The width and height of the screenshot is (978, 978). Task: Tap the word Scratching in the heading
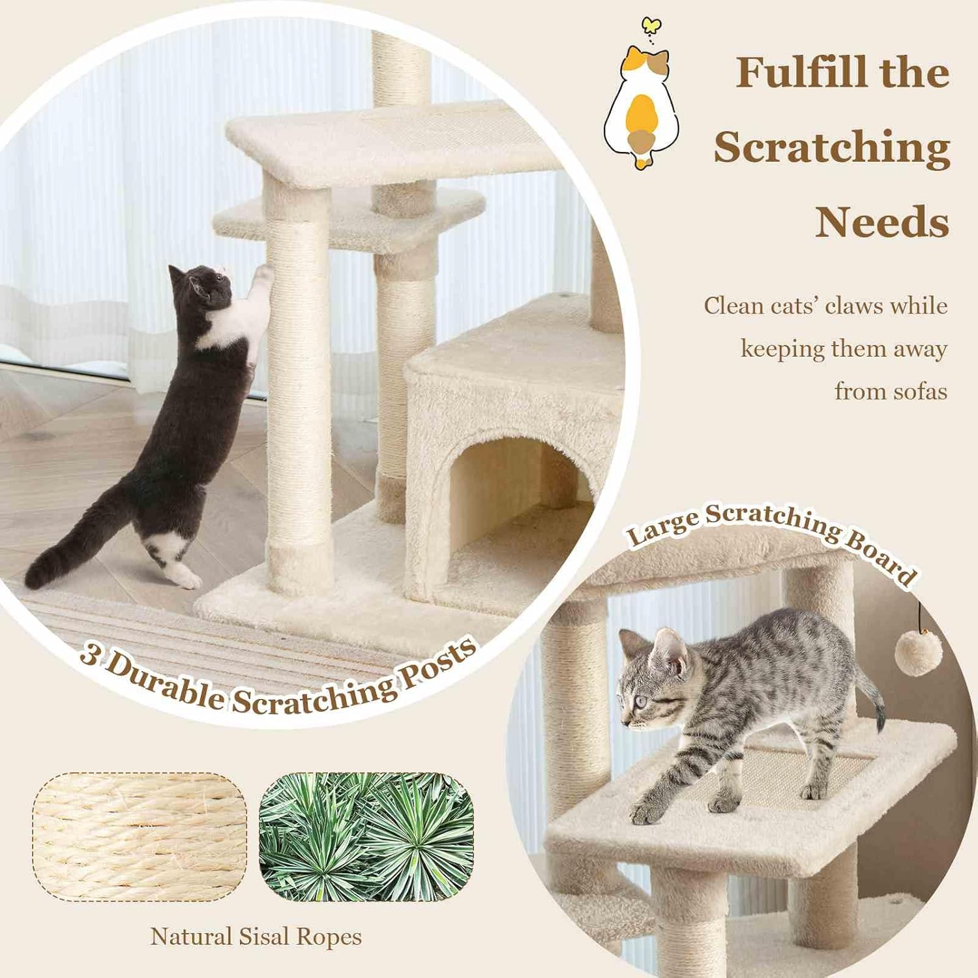coord(832,147)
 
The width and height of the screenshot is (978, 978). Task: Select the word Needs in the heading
coord(882,222)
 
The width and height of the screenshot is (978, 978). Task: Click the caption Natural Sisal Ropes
coord(256,937)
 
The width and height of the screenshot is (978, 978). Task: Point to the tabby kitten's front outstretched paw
coord(645,812)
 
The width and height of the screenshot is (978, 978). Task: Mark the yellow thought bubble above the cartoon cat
coord(650,25)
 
